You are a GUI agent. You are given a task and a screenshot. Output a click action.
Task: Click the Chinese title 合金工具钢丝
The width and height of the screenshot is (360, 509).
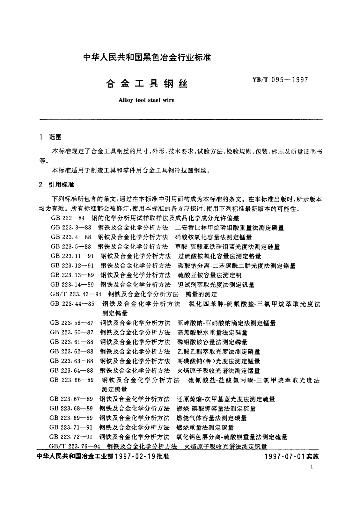pyautogui.click(x=147, y=84)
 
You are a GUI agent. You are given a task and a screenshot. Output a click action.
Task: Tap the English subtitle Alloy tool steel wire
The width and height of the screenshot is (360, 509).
pyautogui.click(x=147, y=100)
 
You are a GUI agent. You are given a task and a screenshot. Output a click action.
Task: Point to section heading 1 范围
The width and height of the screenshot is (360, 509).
pyautogui.click(x=51, y=137)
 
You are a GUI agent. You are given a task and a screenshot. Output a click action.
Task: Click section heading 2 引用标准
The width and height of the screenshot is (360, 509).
pyautogui.click(x=57, y=185)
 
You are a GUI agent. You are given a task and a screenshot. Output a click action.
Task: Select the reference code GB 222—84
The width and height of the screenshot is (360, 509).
pyautogui.click(x=68, y=218)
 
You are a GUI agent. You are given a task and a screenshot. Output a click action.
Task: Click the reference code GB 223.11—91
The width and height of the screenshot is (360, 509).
pyautogui.click(x=72, y=256)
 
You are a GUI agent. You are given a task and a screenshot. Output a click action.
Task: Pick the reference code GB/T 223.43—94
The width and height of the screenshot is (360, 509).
pyautogui.click(x=76, y=294)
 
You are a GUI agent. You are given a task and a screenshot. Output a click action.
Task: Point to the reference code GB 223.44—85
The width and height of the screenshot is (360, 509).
pyautogui.click(x=72, y=304)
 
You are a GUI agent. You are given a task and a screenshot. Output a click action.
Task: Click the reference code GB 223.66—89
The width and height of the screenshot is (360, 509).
pyautogui.click(x=72, y=380)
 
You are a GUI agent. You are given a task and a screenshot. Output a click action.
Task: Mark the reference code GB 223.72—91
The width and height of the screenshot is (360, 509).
pyautogui.click(x=71, y=437)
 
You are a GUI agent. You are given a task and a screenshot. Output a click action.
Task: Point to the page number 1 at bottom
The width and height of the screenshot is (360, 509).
pyautogui.click(x=312, y=467)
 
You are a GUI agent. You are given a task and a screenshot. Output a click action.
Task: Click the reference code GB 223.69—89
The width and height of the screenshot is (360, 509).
pyautogui.click(x=71, y=418)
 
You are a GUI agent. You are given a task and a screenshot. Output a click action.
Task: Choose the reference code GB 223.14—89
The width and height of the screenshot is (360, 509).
pyautogui.click(x=72, y=285)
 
